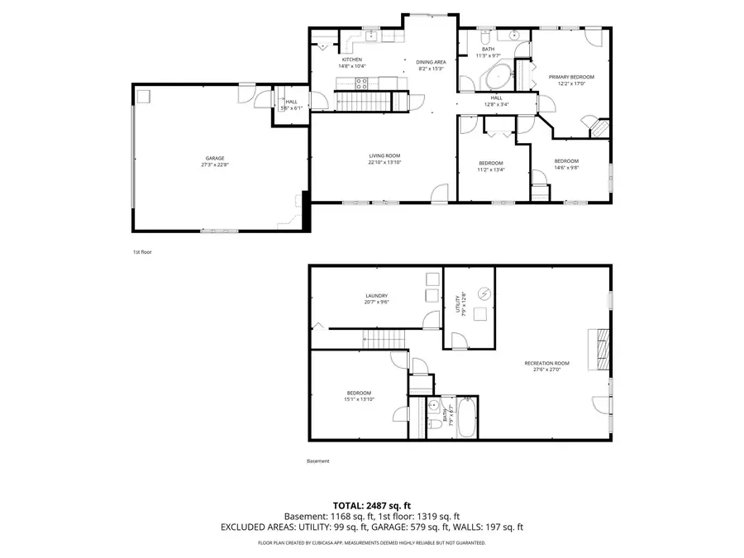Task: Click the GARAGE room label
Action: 215,158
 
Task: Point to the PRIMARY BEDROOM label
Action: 571,77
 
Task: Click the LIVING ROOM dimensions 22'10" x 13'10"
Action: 384,162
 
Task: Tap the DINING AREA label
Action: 431,62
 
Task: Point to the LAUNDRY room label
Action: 377,296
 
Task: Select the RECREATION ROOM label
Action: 547,363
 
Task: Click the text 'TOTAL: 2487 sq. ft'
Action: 371,504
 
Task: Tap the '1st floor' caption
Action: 142,251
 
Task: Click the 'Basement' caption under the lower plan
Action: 317,460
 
